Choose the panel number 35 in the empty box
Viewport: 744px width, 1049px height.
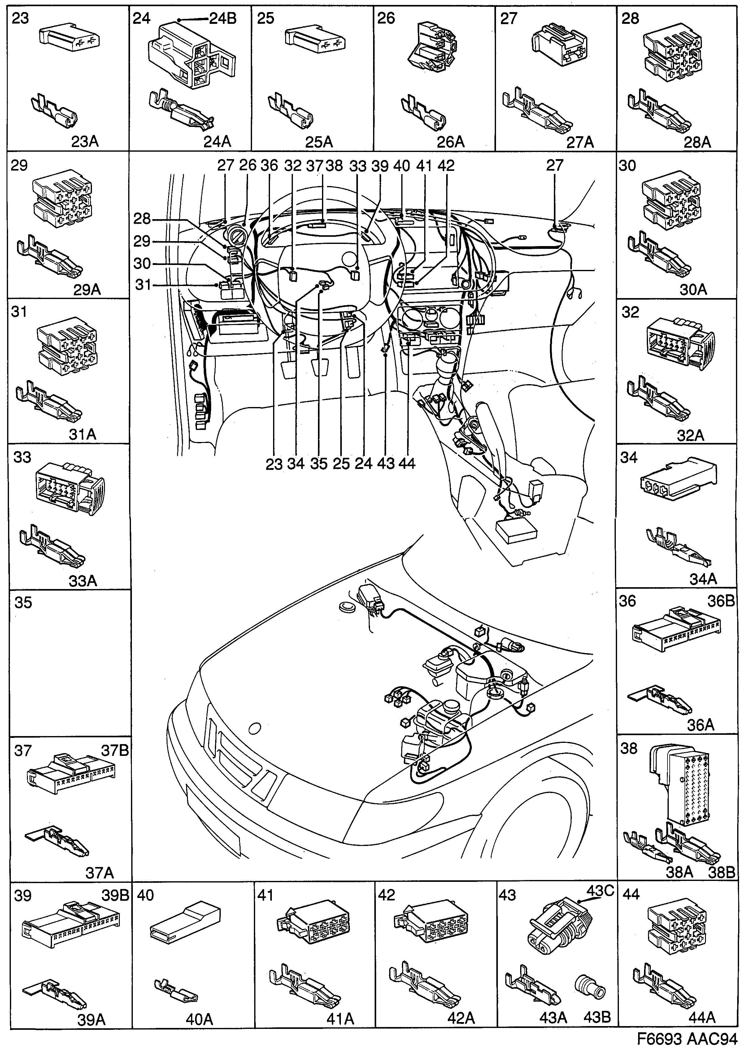tap(23, 603)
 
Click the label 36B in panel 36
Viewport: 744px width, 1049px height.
tap(721, 601)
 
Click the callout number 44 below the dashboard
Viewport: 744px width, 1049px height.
tap(406, 463)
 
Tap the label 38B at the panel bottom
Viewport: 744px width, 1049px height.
tap(721, 872)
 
